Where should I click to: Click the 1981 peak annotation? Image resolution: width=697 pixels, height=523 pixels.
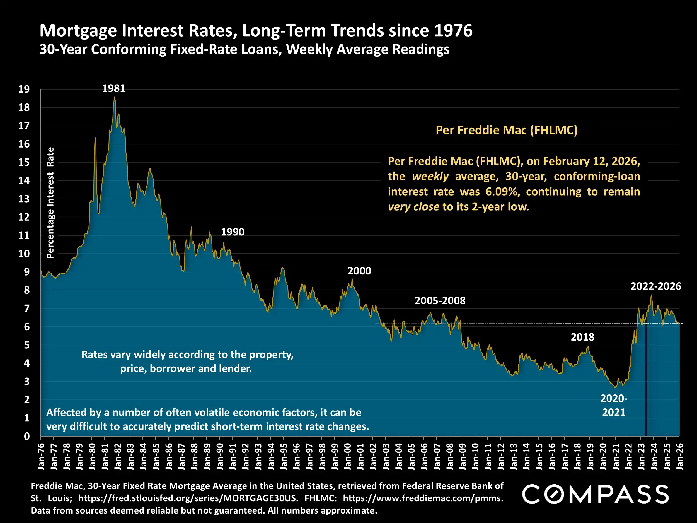point(113,88)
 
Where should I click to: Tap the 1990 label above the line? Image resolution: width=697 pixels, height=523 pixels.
point(233,232)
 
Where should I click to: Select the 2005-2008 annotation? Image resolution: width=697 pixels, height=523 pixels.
point(440,301)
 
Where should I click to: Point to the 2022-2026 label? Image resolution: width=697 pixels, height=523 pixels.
point(655,286)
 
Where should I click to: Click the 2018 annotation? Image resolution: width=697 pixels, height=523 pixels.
point(582,337)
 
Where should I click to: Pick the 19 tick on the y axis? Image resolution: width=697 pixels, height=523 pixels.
point(24,89)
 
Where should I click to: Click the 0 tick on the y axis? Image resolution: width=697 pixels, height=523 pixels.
point(27,436)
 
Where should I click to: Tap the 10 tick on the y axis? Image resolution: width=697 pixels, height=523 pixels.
point(24,254)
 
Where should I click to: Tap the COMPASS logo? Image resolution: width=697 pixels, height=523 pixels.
point(595,494)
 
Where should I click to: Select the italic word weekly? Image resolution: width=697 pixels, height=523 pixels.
point(430,176)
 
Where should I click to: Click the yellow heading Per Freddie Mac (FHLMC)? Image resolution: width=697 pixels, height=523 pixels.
point(506,130)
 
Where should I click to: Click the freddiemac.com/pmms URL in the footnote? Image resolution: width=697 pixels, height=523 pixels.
point(423,498)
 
